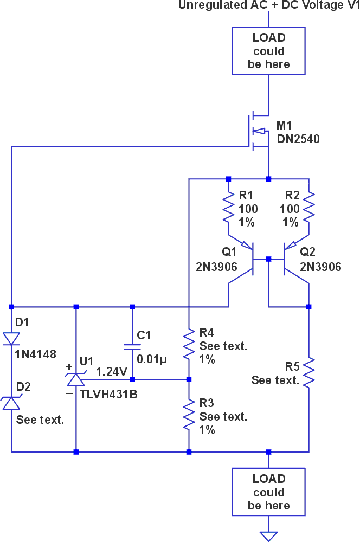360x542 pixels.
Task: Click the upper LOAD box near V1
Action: coord(268,51)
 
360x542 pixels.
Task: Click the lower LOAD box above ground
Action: coord(268,492)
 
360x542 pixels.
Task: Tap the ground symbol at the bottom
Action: coord(268,535)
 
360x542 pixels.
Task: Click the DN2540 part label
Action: coord(298,139)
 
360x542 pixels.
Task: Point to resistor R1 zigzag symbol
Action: coord(228,209)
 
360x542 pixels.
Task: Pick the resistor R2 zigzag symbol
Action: coord(308,209)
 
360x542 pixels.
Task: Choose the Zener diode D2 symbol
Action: coord(11,402)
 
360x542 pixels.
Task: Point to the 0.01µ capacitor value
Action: coord(152,359)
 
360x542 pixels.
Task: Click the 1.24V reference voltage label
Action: coord(111,372)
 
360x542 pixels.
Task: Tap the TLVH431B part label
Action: coord(108,394)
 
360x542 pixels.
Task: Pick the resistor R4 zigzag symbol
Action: coord(189,345)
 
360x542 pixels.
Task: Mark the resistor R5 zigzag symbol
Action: coord(308,372)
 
